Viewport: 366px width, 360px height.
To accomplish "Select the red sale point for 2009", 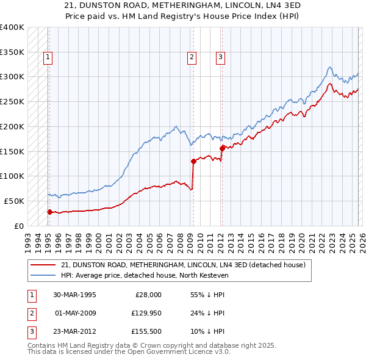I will click(x=193, y=162).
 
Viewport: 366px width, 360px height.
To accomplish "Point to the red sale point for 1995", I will click(x=49, y=212).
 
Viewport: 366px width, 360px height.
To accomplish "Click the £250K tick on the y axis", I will click(x=12, y=101).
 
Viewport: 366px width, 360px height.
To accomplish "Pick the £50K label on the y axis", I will click(x=13, y=201).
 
